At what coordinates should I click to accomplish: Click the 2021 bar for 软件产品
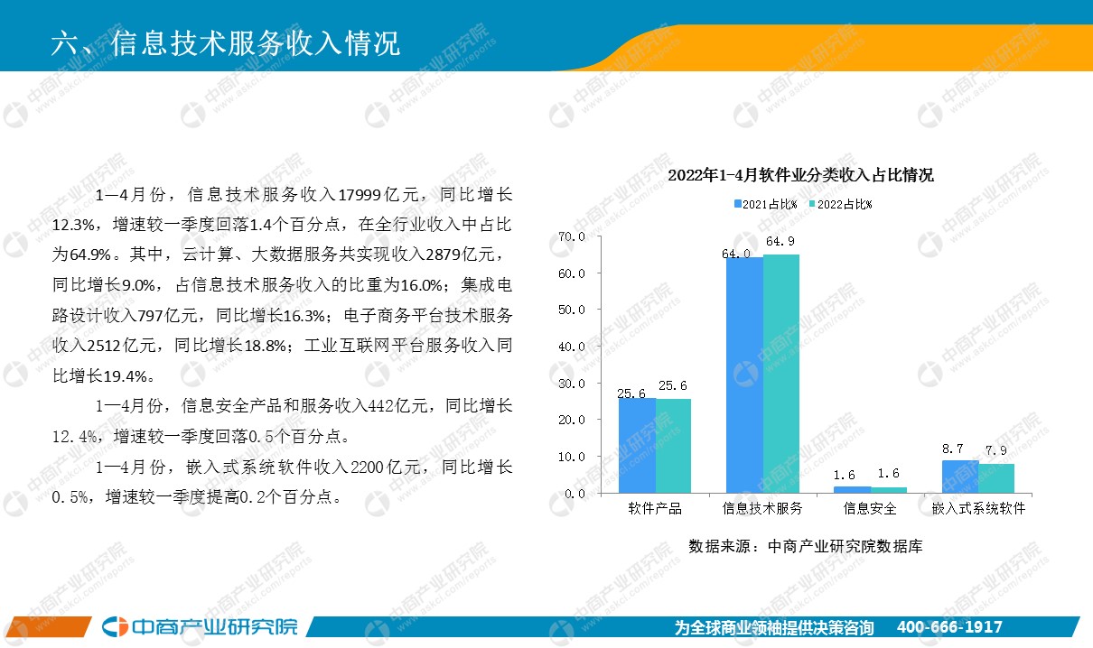point(637,446)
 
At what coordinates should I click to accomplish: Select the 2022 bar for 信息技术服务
point(781,374)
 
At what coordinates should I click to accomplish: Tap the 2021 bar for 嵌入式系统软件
point(960,477)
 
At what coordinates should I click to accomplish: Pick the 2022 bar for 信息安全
point(889,490)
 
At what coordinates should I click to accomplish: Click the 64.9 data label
point(780,241)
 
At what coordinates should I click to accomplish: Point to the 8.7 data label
point(952,449)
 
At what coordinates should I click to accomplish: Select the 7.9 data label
point(996,450)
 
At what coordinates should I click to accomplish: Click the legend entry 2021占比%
point(766,204)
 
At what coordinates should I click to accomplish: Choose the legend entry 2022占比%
point(840,204)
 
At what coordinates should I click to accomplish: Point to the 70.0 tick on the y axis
point(572,237)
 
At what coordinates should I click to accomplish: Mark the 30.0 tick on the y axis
point(572,384)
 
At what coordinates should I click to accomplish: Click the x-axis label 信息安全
point(870,509)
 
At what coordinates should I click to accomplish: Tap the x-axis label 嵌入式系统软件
point(978,509)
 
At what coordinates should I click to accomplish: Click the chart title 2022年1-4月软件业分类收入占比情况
point(800,175)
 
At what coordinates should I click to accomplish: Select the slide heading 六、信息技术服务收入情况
point(226,43)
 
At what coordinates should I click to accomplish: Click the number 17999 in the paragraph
point(360,195)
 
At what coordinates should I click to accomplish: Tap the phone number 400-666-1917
point(949,627)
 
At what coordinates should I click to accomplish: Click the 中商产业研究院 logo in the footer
point(200,626)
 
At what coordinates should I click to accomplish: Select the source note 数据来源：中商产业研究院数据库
point(806,547)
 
